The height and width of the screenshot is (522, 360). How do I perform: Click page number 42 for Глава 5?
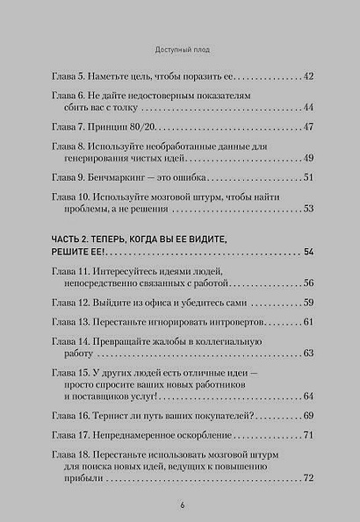point(307,76)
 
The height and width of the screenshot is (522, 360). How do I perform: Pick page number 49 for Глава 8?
point(307,158)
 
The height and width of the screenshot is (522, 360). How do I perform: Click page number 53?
point(307,209)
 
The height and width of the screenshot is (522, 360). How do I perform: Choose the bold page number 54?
point(307,254)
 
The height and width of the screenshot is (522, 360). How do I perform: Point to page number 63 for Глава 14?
point(307,354)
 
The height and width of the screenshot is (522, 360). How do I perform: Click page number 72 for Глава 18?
point(307,477)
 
